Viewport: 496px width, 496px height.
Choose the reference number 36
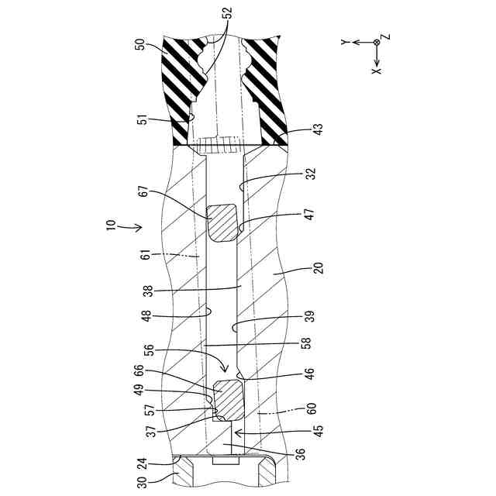pos(300,453)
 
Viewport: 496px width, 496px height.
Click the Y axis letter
pos(343,42)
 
